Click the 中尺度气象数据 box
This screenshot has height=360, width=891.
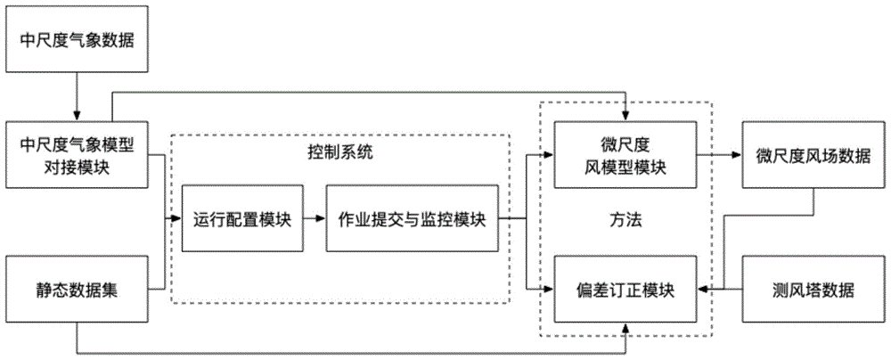(x=76, y=40)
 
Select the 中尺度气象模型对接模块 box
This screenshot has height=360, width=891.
(x=76, y=155)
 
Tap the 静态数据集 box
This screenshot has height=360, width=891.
(x=76, y=290)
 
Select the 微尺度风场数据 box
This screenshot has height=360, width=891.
(x=813, y=155)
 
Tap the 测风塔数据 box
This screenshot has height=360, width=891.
(x=813, y=290)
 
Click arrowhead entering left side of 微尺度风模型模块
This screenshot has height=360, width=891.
(x=548, y=155)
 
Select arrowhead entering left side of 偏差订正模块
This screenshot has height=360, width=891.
(x=548, y=290)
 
